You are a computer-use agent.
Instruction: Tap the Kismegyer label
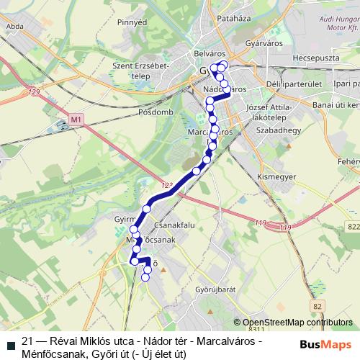point(274,175)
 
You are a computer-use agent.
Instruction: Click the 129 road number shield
point(35,92)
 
